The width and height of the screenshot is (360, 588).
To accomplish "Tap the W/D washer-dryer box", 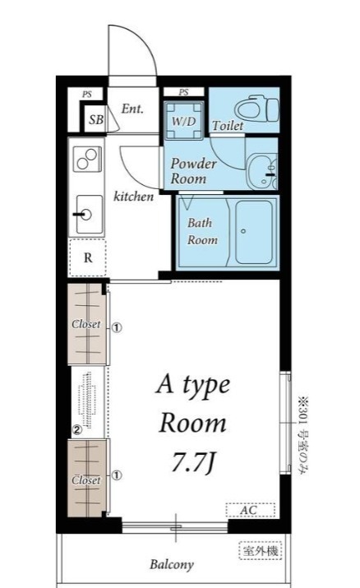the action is click(x=184, y=120).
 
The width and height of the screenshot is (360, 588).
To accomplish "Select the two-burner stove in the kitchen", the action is click(x=87, y=159).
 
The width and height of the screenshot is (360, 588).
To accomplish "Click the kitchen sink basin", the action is click(x=89, y=215).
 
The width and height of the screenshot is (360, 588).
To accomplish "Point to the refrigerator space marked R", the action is click(x=88, y=257).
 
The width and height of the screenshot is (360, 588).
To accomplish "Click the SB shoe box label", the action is click(x=96, y=119).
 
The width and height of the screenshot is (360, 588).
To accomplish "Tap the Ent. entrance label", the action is click(x=132, y=109).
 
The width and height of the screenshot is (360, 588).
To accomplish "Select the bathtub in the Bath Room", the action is click(x=254, y=233).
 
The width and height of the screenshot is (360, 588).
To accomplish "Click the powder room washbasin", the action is click(x=262, y=170).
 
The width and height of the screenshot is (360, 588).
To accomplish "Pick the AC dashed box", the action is click(x=250, y=510).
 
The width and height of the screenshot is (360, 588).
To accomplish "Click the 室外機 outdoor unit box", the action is click(x=261, y=551).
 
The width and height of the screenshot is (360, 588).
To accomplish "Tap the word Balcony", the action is click(x=172, y=564).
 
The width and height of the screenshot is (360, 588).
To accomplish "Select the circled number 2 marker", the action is click(x=76, y=430).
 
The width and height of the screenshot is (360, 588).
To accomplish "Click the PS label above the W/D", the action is click(x=183, y=92).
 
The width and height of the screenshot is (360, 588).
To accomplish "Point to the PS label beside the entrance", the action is click(x=87, y=94).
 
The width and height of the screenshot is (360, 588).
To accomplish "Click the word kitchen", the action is click(x=134, y=196).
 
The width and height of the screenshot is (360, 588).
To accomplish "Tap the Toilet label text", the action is click(x=228, y=125).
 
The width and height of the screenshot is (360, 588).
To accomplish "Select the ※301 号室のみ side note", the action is click(x=302, y=435).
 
